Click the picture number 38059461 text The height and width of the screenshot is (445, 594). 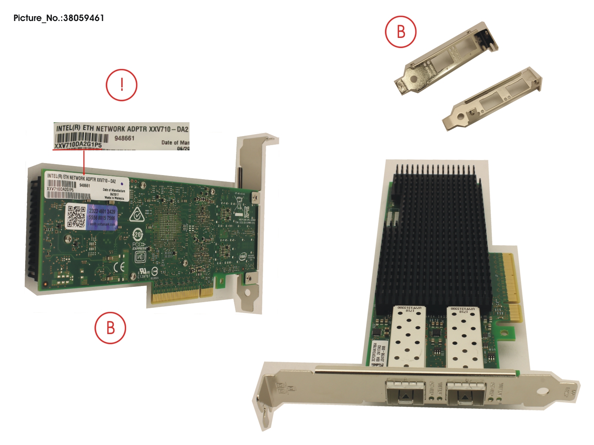tap(59, 18)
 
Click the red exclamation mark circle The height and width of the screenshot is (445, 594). tap(122, 85)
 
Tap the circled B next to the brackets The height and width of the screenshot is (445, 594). tap(401, 32)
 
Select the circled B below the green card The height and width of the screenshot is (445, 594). tap(110, 328)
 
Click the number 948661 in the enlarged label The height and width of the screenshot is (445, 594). tap(124, 138)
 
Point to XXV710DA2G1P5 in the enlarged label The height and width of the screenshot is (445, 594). tap(78, 145)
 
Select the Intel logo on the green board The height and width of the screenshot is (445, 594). tap(243, 256)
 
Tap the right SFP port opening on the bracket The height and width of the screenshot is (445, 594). tap(465, 392)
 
